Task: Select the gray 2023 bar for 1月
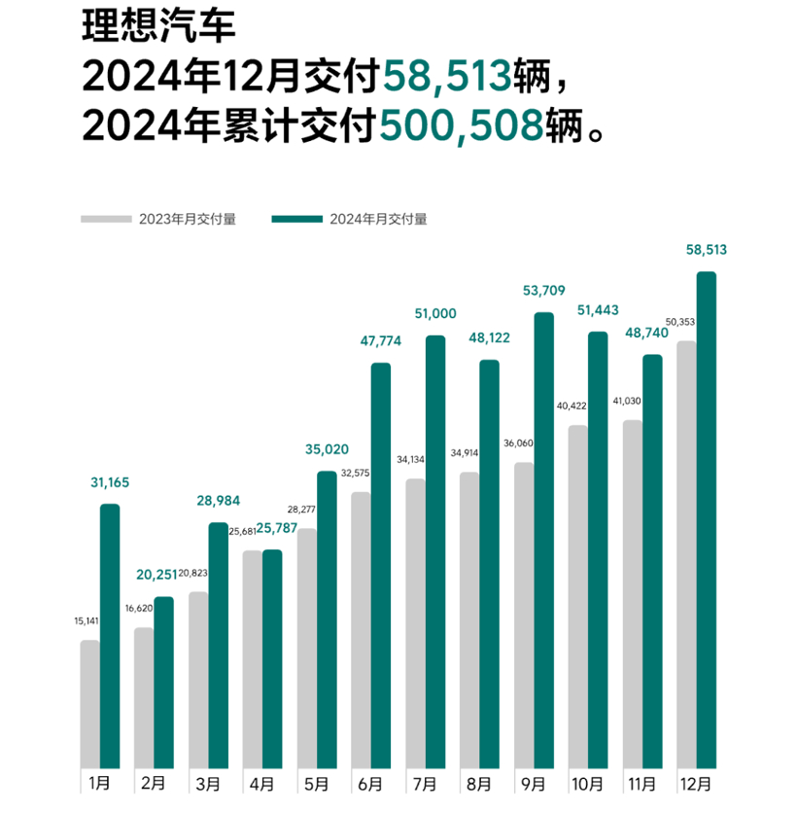tap(89, 703)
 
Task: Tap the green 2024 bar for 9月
tap(544, 539)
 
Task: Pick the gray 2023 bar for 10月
tap(578, 595)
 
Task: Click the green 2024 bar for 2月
tap(163, 681)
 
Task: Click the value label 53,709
tap(543, 291)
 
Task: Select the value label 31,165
tap(110, 482)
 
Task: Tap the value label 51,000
tap(434, 313)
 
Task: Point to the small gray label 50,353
tap(679, 322)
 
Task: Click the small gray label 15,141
tap(85, 620)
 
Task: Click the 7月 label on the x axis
tap(425, 784)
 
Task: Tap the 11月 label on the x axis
tap(642, 784)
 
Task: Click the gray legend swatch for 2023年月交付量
tap(105, 219)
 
